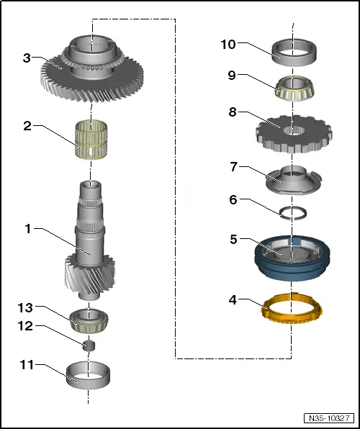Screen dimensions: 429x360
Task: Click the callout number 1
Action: point(28,230)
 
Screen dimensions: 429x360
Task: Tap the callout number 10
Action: point(228,45)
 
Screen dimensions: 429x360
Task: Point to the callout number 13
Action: point(25,308)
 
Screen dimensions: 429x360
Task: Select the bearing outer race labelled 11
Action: point(88,375)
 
